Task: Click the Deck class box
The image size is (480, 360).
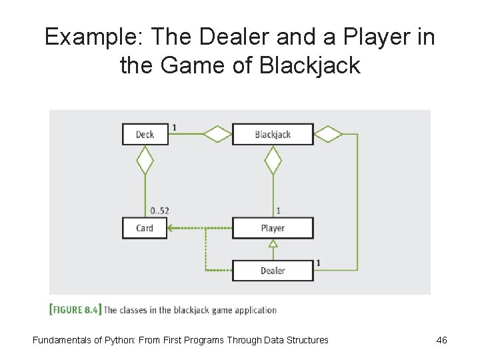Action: click(145, 134)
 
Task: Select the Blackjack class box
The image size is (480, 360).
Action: click(273, 134)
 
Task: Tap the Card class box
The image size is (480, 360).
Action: click(145, 228)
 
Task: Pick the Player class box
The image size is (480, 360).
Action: click(273, 228)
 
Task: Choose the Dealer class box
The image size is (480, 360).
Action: click(273, 270)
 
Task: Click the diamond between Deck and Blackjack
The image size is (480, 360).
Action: click(217, 134)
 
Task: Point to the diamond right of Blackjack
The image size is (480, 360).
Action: click(328, 134)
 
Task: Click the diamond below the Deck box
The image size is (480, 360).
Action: click(145, 161)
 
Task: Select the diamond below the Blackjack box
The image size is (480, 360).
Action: click(273, 161)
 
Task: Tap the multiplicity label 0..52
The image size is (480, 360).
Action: click(159, 211)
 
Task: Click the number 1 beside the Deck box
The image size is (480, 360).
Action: click(175, 127)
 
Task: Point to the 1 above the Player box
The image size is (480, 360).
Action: click(278, 211)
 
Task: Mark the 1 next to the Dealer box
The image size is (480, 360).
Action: click(318, 263)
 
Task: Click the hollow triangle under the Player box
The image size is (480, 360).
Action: click(273, 245)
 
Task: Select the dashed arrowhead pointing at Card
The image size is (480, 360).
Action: click(171, 228)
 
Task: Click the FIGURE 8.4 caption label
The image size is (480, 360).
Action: click(75, 309)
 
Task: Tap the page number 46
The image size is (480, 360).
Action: click(441, 340)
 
